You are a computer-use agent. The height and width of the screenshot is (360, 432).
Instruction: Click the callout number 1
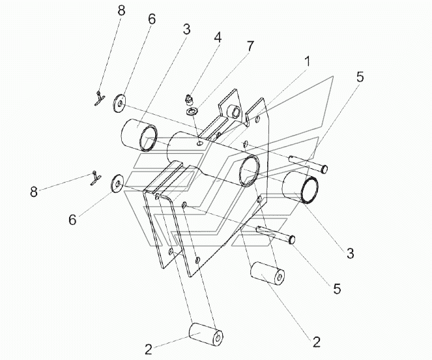point(307,61)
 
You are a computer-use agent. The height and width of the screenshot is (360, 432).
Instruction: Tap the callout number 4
point(218,38)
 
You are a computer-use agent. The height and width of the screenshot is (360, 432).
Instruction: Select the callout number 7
point(250,46)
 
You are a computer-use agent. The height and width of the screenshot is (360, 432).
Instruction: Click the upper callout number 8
point(121,10)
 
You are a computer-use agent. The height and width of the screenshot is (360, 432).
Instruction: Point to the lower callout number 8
point(34,192)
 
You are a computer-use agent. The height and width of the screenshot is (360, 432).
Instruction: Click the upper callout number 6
point(151,19)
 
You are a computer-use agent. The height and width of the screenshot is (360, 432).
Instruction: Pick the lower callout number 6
point(72,220)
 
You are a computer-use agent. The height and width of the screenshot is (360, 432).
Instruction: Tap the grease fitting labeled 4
point(188,100)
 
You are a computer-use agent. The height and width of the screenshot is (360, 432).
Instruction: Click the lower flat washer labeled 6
point(118,183)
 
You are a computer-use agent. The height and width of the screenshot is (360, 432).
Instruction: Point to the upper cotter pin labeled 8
point(98,98)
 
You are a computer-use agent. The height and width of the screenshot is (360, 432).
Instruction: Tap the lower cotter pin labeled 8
point(95,179)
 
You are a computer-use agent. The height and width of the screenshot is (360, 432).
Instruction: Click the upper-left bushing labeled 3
point(139,135)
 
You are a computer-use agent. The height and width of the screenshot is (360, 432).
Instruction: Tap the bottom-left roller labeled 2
point(206,335)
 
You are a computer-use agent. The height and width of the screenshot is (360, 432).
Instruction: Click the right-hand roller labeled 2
point(267,273)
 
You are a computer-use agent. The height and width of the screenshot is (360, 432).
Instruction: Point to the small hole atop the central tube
point(201,143)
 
